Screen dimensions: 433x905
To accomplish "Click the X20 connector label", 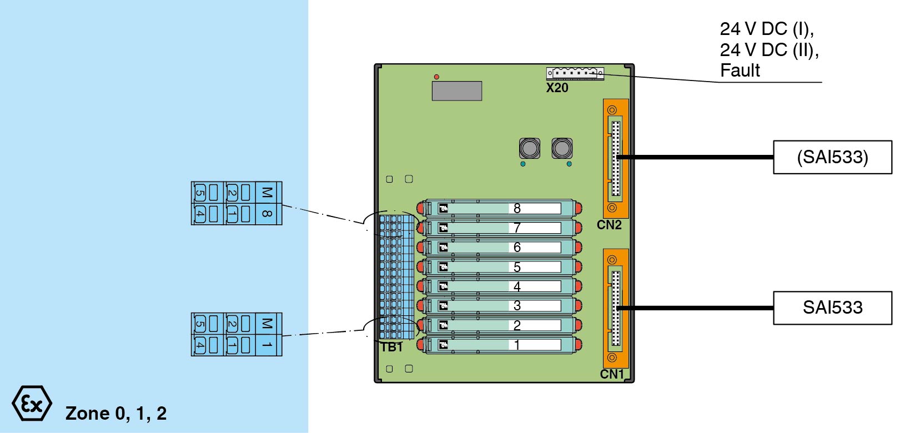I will click(557, 88).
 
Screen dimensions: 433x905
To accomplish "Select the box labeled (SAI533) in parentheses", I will click(832, 157).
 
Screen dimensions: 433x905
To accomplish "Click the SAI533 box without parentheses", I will click(832, 308).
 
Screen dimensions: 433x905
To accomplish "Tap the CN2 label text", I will click(609, 225).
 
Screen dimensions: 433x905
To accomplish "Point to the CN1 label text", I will click(612, 374).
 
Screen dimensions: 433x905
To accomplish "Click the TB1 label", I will click(391, 347).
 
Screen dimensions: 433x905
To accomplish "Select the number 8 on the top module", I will click(517, 208).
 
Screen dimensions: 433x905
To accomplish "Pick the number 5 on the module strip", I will click(517, 267).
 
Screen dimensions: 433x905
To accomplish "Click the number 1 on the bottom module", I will click(517, 345).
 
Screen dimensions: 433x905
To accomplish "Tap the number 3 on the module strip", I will click(517, 306).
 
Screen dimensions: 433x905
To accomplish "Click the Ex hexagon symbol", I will click(32, 404).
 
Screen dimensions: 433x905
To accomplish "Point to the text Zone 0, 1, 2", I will click(116, 413).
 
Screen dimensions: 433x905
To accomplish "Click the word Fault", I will click(740, 71).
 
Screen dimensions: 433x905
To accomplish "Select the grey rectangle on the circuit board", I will click(457, 90).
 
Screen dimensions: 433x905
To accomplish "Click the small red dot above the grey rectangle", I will click(436, 77).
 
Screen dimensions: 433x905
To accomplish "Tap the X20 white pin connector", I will click(575, 73).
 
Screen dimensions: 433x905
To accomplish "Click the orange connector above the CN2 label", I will click(616, 158).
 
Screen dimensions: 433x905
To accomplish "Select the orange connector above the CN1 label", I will click(616, 308).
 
